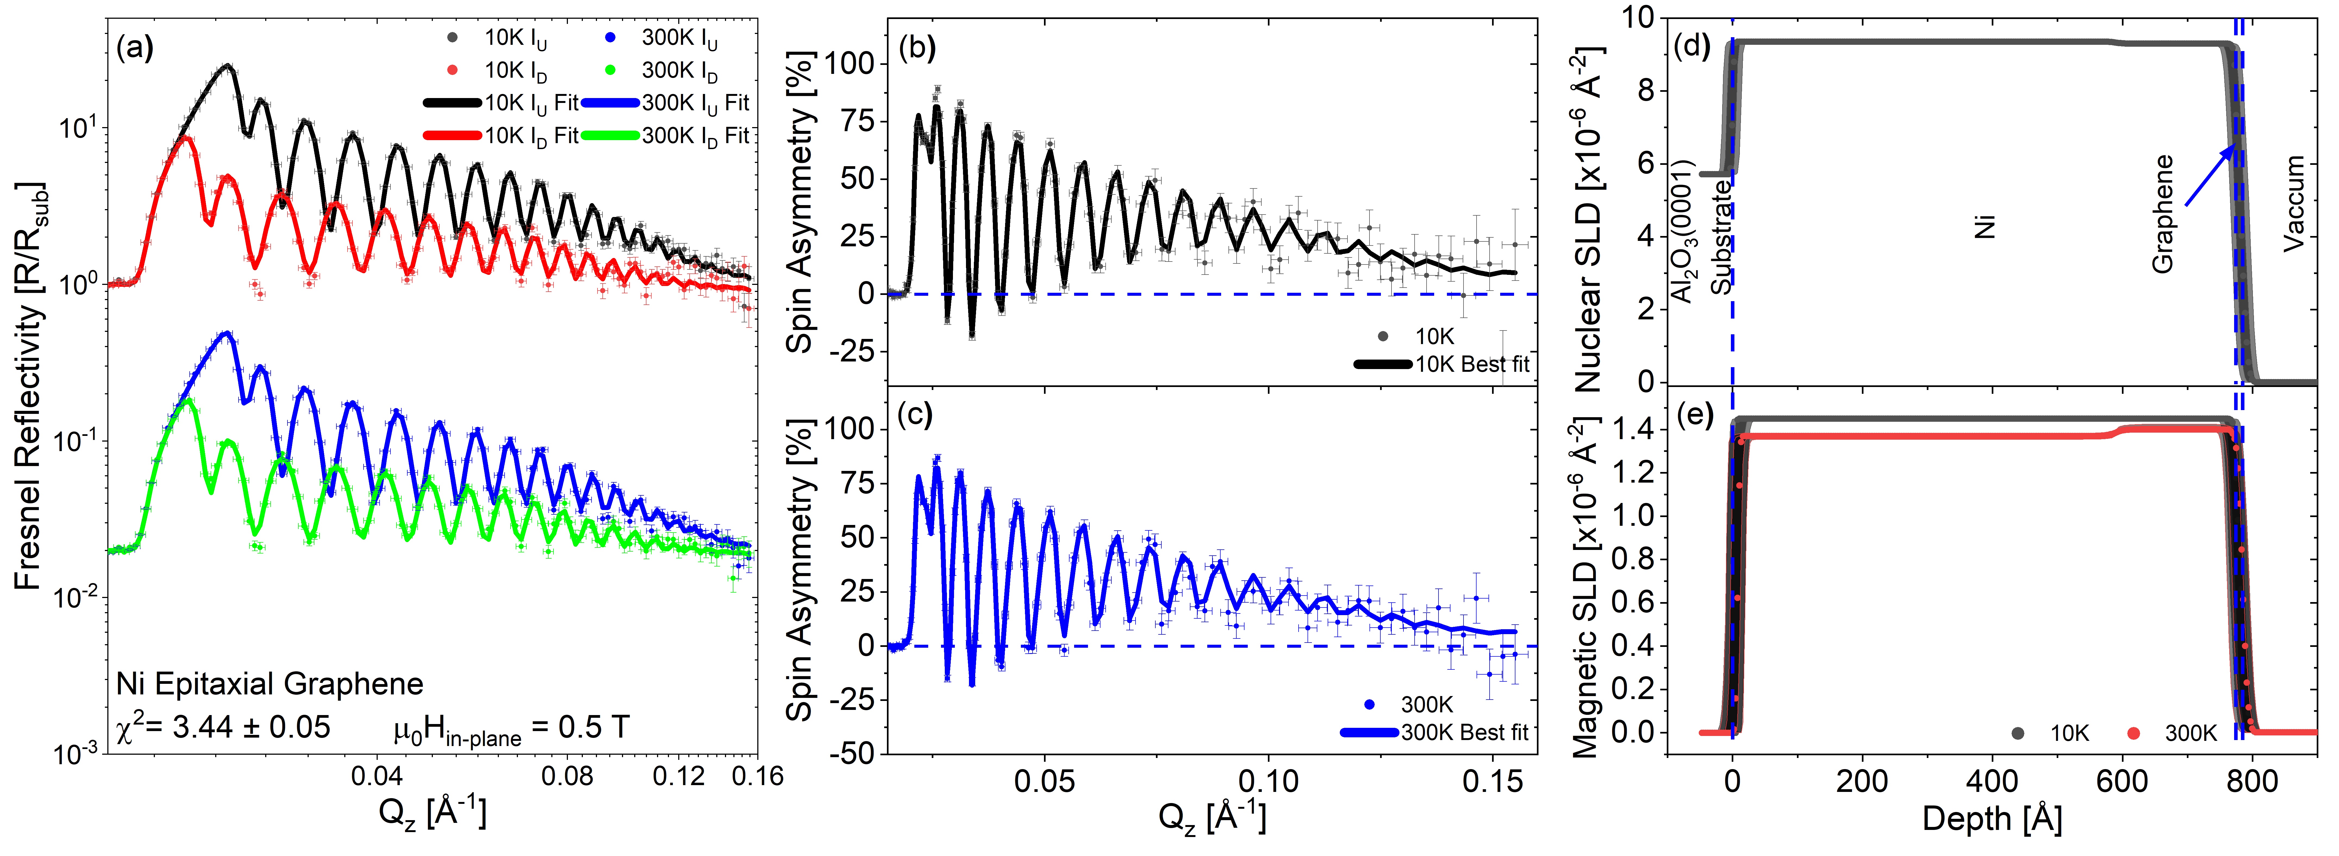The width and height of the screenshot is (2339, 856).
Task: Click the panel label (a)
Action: [135, 47]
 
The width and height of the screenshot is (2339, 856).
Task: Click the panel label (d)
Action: [1691, 47]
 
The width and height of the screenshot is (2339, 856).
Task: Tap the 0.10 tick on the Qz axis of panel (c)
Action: [1268, 781]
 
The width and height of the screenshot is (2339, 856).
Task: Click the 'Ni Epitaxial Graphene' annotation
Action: [270, 684]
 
